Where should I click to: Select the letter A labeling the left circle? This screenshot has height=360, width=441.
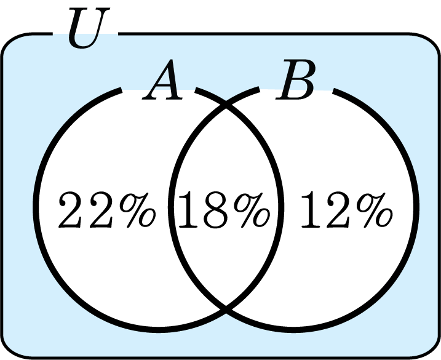click(162, 79)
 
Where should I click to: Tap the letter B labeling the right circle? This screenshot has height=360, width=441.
click(296, 79)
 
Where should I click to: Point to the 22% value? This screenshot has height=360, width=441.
click(107, 210)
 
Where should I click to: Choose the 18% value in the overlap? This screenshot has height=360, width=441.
click(224, 210)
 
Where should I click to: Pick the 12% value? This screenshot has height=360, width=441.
click(346, 210)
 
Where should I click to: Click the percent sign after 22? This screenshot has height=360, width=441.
click(138, 210)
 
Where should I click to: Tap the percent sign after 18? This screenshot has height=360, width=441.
click(252, 210)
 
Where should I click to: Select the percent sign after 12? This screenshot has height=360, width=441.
click(375, 210)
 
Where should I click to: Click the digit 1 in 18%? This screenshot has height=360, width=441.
click(188, 210)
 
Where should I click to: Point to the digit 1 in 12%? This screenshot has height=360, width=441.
click(311, 210)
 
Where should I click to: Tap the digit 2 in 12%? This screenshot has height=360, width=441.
click(339, 210)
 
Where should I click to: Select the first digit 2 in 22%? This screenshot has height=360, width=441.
click(70, 210)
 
